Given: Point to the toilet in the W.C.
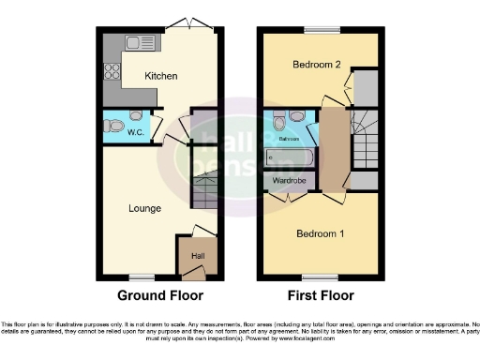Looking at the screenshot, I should tap(137, 116).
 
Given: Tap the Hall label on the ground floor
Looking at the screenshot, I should tap(198, 254).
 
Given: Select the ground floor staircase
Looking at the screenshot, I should tap(205, 188).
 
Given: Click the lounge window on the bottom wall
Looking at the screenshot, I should tap(142, 277).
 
